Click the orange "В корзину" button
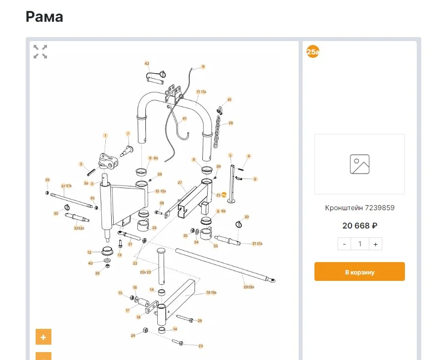pyautogui.click(x=359, y=271)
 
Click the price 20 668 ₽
pyautogui.click(x=359, y=225)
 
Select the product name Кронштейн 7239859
pyautogui.click(x=359, y=208)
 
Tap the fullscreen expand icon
pyautogui.click(x=41, y=51)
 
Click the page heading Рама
pyautogui.click(x=44, y=17)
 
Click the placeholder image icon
pyautogui.click(x=359, y=164)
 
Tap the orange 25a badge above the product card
pyautogui.click(x=313, y=51)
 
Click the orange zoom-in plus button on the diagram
pyautogui.click(x=44, y=337)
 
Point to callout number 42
pyautogui.click(x=147, y=63)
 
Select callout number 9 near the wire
pyautogui.click(x=203, y=66)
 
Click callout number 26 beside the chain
pyautogui.click(x=230, y=123)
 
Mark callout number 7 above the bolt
pyautogui.click(x=128, y=134)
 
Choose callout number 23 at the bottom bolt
pyautogui.click(x=200, y=346)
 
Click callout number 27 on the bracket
pyautogui.click(x=180, y=182)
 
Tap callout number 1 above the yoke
pyautogui.click(x=105, y=135)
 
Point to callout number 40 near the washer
pyautogui.click(x=90, y=263)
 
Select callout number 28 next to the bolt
pyautogui.click(x=200, y=320)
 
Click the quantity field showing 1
pyautogui.click(x=360, y=244)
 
